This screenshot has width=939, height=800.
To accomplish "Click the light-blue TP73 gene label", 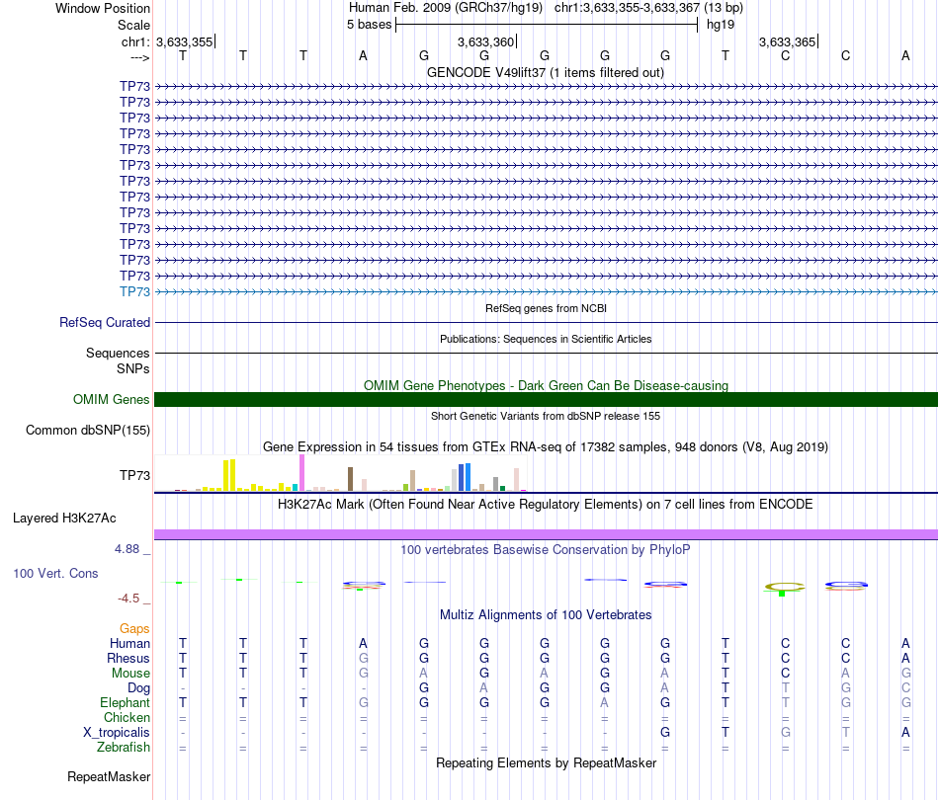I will tap(134, 291).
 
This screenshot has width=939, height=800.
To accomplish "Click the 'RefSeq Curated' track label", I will tap(105, 322).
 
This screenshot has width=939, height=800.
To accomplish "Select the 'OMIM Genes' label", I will tap(112, 399).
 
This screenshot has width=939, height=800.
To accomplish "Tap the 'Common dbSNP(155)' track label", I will tap(88, 430).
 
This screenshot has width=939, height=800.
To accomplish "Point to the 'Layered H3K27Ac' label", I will tap(81, 518).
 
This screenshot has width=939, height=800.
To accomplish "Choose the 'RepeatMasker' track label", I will tap(109, 776).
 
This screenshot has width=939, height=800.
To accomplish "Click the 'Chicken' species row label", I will tap(126, 717).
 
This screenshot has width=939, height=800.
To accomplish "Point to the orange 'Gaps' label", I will tap(134, 628).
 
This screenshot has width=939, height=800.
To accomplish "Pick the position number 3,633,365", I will tap(788, 41).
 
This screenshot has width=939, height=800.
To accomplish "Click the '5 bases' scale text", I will tap(370, 24).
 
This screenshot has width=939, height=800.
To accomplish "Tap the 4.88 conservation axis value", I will tap(129, 549).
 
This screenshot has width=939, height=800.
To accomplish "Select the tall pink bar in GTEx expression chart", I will tap(302, 472).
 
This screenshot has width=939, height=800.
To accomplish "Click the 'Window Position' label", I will tap(103, 8).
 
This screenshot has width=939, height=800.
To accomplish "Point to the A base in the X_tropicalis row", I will tap(905, 732).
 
